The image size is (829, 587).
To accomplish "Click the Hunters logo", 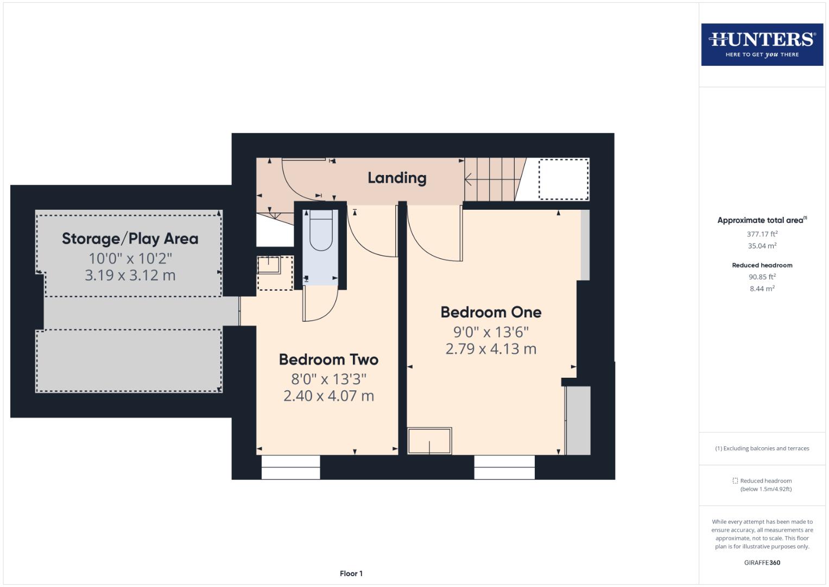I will click(x=762, y=44).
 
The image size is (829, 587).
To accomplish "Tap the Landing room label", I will click(x=397, y=178).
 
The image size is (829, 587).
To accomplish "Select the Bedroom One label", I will click(x=491, y=312).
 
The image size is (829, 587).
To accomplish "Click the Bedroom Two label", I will click(x=328, y=359).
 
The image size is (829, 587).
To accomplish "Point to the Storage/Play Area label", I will click(x=130, y=239).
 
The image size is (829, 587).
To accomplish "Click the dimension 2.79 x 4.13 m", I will click(x=491, y=349).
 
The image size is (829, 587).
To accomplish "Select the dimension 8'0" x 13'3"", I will click(x=328, y=379).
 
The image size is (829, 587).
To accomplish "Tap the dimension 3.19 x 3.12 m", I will click(x=130, y=276).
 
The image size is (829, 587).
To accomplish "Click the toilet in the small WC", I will click(x=320, y=232).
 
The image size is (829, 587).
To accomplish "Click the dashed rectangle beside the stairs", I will click(x=563, y=179).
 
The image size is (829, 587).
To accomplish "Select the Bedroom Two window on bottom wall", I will click(x=290, y=467).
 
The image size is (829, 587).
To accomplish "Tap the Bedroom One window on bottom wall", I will click(x=504, y=467).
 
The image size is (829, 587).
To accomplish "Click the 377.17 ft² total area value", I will click(x=762, y=234).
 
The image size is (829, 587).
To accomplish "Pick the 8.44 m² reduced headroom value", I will click(x=762, y=289).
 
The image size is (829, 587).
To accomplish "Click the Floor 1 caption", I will click(x=351, y=573).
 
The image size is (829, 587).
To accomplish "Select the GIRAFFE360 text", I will click(x=762, y=563).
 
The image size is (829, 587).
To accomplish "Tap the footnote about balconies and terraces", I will click(x=762, y=448).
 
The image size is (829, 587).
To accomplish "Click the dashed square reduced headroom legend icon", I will click(x=735, y=480).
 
